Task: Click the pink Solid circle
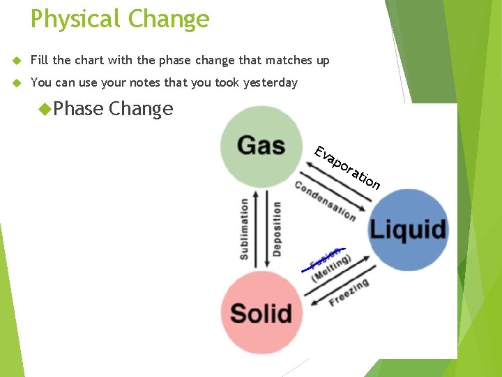261,312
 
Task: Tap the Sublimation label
244,228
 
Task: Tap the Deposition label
277,228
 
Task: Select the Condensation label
325,200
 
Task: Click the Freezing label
349,293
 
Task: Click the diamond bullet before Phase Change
45,109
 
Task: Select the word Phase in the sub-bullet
78,109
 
